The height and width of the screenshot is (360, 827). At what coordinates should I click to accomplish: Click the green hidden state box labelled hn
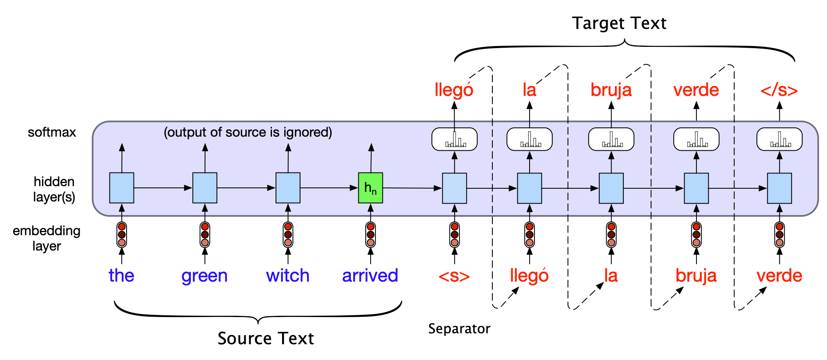click(371, 188)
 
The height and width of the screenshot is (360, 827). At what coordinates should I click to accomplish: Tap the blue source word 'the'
click(121, 275)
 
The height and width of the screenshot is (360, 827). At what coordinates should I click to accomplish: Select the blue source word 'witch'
click(288, 275)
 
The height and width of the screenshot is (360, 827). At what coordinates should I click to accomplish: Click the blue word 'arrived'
click(370, 275)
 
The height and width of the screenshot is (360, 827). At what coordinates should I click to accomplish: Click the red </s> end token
click(779, 90)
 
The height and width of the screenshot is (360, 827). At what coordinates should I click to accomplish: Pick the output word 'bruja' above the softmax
click(611, 90)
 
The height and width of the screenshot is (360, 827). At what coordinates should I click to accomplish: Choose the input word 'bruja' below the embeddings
click(696, 275)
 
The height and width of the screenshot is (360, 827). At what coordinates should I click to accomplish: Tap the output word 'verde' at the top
click(696, 90)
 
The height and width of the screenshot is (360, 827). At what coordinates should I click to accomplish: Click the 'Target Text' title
click(619, 23)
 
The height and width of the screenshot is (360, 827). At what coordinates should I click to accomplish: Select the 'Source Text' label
click(266, 339)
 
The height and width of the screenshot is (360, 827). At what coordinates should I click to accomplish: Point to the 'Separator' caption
click(459, 328)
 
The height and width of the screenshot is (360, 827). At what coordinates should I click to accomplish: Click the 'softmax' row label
click(52, 132)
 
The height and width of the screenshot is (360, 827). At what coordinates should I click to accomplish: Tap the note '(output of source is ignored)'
click(248, 132)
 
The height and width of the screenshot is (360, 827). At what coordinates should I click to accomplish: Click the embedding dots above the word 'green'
click(205, 234)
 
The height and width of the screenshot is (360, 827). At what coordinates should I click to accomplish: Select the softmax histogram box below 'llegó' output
click(455, 139)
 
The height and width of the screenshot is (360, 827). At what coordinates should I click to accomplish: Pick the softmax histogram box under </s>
click(779, 139)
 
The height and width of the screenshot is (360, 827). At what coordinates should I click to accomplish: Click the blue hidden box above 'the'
click(122, 188)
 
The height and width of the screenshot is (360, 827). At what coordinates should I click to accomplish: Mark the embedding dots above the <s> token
click(455, 234)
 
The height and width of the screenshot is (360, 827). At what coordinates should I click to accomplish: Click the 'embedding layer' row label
click(46, 238)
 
